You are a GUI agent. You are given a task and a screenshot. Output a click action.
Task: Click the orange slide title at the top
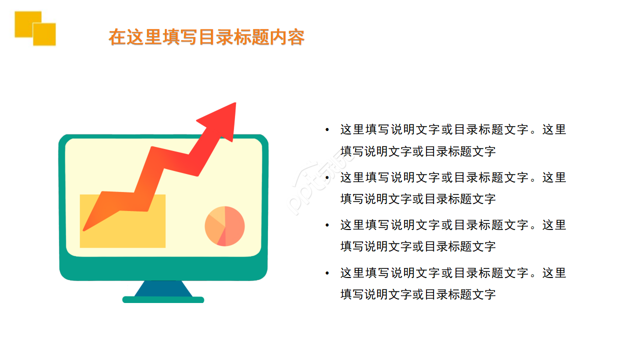point(206,37)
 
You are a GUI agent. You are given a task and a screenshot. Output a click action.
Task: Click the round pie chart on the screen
point(224,226)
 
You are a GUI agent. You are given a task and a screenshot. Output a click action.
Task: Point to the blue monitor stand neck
point(163,289)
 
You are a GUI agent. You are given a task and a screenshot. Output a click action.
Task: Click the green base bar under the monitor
point(163,299)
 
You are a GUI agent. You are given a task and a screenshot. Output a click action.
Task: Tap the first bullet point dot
point(327,130)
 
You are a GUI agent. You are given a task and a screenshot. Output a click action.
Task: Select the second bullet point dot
point(327,177)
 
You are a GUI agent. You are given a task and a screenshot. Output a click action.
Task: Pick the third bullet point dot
point(327,225)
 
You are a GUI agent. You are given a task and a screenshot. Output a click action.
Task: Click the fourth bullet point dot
point(327,273)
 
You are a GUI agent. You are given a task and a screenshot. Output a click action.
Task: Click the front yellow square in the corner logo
point(44,34)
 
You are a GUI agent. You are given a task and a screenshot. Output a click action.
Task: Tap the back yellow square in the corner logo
point(23,20)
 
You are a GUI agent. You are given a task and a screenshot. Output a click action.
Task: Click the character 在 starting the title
point(116,37)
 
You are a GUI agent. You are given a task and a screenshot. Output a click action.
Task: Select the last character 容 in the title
point(296,37)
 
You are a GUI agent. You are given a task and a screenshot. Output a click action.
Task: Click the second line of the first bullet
point(418,151)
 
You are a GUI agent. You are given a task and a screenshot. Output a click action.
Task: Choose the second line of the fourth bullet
point(418,294)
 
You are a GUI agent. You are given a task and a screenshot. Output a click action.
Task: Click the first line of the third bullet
point(453,225)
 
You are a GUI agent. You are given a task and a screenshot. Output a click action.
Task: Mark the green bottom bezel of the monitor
point(163,268)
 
